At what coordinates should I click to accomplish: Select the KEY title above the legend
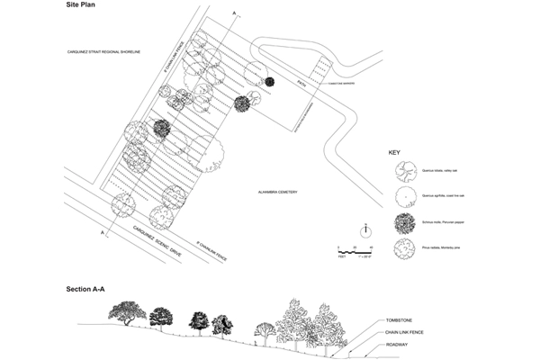[394, 153]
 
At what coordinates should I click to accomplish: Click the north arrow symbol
[365, 228]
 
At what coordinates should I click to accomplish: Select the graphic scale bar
[354, 247]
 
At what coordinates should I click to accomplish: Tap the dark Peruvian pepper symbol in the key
[403, 222]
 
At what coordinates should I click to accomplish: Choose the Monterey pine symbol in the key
[403, 248]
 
